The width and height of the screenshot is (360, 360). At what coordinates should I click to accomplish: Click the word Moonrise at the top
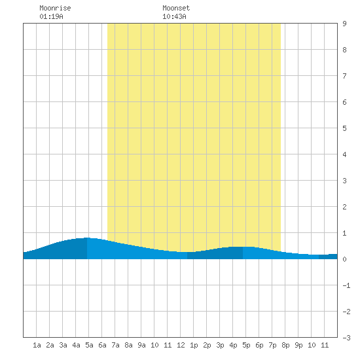(x=55, y=8)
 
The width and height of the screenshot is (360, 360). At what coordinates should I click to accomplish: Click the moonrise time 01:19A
(x=51, y=16)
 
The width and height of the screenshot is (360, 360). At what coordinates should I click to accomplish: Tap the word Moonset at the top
(x=176, y=8)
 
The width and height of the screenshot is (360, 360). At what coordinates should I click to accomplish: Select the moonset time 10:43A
(x=174, y=16)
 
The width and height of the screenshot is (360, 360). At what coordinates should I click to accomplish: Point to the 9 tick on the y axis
(x=344, y=24)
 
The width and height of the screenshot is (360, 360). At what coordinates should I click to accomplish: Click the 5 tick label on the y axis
(x=344, y=128)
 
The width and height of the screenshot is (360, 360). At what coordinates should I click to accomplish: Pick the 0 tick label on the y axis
(x=344, y=259)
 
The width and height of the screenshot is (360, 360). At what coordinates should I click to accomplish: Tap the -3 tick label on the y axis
(x=346, y=338)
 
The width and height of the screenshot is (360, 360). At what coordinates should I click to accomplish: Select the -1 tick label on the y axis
(x=346, y=285)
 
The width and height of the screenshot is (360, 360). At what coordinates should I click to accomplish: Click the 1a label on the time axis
(x=37, y=345)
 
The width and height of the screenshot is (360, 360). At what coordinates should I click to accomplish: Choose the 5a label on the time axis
(x=89, y=345)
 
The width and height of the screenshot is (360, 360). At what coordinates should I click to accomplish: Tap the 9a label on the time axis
(x=141, y=345)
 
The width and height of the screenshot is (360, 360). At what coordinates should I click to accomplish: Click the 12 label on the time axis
(x=181, y=345)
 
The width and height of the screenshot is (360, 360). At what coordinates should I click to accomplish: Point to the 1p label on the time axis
(x=194, y=345)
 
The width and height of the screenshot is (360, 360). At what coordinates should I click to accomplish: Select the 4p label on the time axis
(x=233, y=345)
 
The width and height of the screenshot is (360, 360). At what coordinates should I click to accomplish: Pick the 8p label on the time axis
(x=285, y=345)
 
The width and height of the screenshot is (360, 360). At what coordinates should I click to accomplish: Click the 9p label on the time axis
(x=298, y=345)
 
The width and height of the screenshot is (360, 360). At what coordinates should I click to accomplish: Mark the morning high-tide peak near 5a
(x=87, y=238)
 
